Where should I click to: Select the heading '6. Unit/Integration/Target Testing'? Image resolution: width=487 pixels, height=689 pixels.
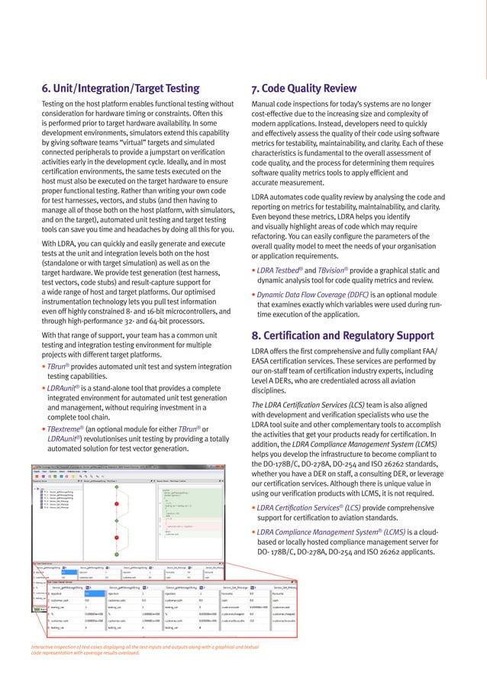tap(121, 89)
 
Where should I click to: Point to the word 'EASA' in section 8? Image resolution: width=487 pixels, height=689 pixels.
tap(263, 361)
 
